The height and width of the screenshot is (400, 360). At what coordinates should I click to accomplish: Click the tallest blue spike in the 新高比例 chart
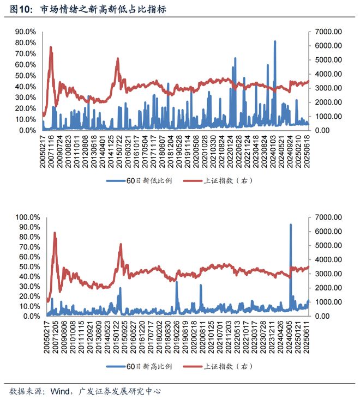tap(290, 225)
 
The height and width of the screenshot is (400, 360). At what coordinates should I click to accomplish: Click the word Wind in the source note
tap(58, 391)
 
